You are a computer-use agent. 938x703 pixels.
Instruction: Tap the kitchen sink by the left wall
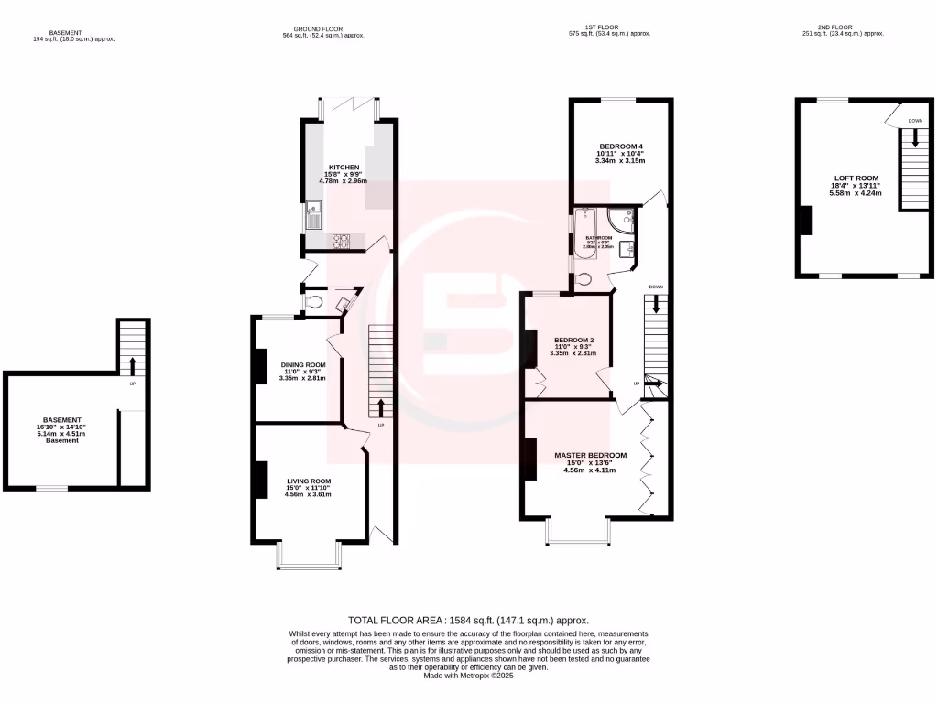pyautogui.click(x=313, y=218)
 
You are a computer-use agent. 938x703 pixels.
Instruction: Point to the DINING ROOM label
pyautogui.click(x=303, y=364)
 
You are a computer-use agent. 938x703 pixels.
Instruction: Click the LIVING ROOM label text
pyautogui.click(x=309, y=481)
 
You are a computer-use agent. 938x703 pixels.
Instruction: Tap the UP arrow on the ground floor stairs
pyautogui.click(x=380, y=406)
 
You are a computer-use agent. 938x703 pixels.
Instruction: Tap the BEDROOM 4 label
pyautogui.click(x=621, y=146)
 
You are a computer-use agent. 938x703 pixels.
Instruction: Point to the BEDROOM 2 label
pyautogui.click(x=573, y=341)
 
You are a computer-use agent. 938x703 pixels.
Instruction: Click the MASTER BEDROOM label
pyautogui.click(x=590, y=455)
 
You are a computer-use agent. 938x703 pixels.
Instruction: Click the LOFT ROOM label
pyautogui.click(x=856, y=178)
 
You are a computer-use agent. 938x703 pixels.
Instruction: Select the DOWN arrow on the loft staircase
pyautogui.click(x=913, y=138)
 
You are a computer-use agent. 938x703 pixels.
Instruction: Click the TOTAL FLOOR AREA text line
pyautogui.click(x=469, y=620)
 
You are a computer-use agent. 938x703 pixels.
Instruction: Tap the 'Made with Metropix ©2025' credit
pyautogui.click(x=469, y=676)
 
